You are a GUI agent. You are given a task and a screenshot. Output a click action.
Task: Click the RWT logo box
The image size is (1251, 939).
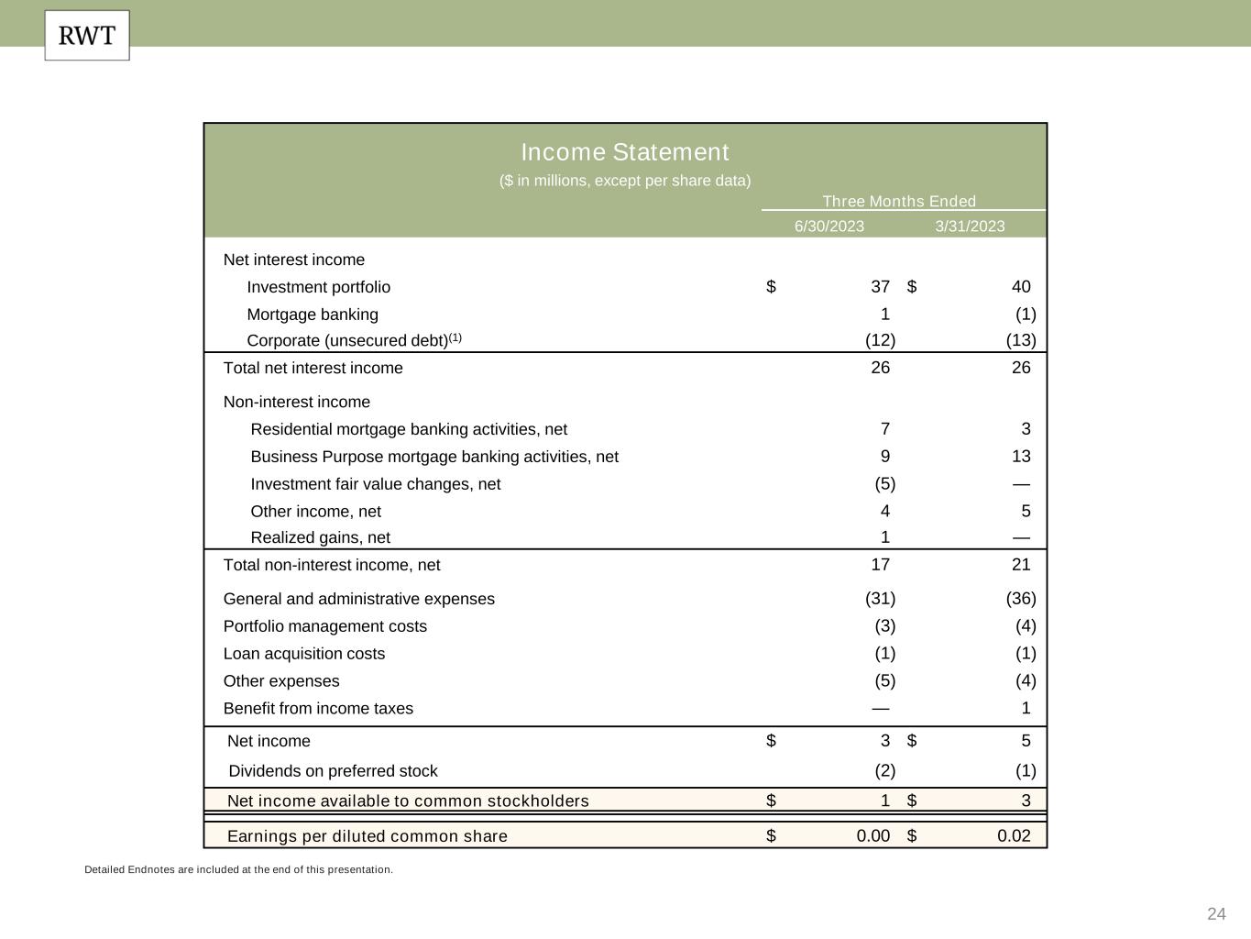87,36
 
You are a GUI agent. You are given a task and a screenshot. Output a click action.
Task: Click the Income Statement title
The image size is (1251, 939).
625,152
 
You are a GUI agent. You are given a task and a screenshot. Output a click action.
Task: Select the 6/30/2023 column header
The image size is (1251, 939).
829,226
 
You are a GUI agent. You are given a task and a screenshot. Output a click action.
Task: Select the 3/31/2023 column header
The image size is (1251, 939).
970,226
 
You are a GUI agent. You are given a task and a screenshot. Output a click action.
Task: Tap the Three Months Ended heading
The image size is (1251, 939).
898,202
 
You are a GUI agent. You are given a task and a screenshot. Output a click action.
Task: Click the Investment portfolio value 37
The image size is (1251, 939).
880,287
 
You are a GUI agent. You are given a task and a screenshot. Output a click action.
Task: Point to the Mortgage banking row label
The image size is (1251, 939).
313,315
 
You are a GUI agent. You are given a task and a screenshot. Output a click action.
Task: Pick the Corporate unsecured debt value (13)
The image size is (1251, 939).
1020,340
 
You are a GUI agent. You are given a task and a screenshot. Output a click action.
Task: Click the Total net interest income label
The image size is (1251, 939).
313,368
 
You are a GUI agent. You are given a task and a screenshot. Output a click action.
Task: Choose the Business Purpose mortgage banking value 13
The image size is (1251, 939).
1020,457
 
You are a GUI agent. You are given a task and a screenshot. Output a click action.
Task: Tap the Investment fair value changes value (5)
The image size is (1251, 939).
884,484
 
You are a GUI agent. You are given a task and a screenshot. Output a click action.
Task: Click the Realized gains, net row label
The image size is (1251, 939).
320,537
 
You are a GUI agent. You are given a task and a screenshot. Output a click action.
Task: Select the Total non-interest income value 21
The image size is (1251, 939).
1020,565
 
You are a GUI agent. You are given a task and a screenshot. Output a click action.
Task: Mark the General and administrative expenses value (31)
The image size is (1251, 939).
880,599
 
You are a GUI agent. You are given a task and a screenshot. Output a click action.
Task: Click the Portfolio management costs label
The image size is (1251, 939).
324,626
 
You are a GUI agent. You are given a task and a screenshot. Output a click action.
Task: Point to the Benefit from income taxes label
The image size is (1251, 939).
318,709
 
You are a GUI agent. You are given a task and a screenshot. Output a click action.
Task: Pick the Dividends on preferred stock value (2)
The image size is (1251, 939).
884,771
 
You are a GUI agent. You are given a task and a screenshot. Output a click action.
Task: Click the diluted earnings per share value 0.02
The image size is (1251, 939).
1013,836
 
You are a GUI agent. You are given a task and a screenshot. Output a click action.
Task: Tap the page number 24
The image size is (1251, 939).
1216,914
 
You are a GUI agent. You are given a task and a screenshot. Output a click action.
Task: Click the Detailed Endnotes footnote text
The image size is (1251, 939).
238,869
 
